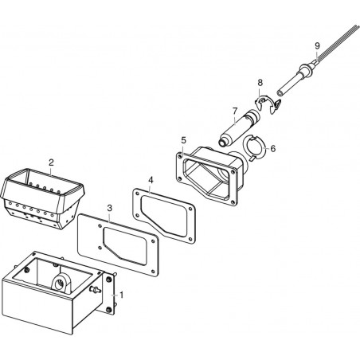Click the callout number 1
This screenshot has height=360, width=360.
coord(121,295)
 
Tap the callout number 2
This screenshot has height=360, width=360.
coord(51,162)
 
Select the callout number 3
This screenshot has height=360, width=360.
coord(110,208)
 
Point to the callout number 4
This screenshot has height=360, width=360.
coord(151,180)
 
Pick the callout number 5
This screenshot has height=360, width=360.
coord(184,140)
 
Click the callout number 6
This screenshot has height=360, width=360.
coord(273,148)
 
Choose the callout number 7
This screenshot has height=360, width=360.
coord(234,111)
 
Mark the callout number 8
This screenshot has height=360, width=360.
coord(260,83)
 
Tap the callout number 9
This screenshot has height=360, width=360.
coord(317,45)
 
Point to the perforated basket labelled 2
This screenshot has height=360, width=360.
coord(42,198)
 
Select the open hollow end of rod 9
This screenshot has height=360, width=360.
coord(280,93)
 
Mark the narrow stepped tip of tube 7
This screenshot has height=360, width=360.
coord(222,143)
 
